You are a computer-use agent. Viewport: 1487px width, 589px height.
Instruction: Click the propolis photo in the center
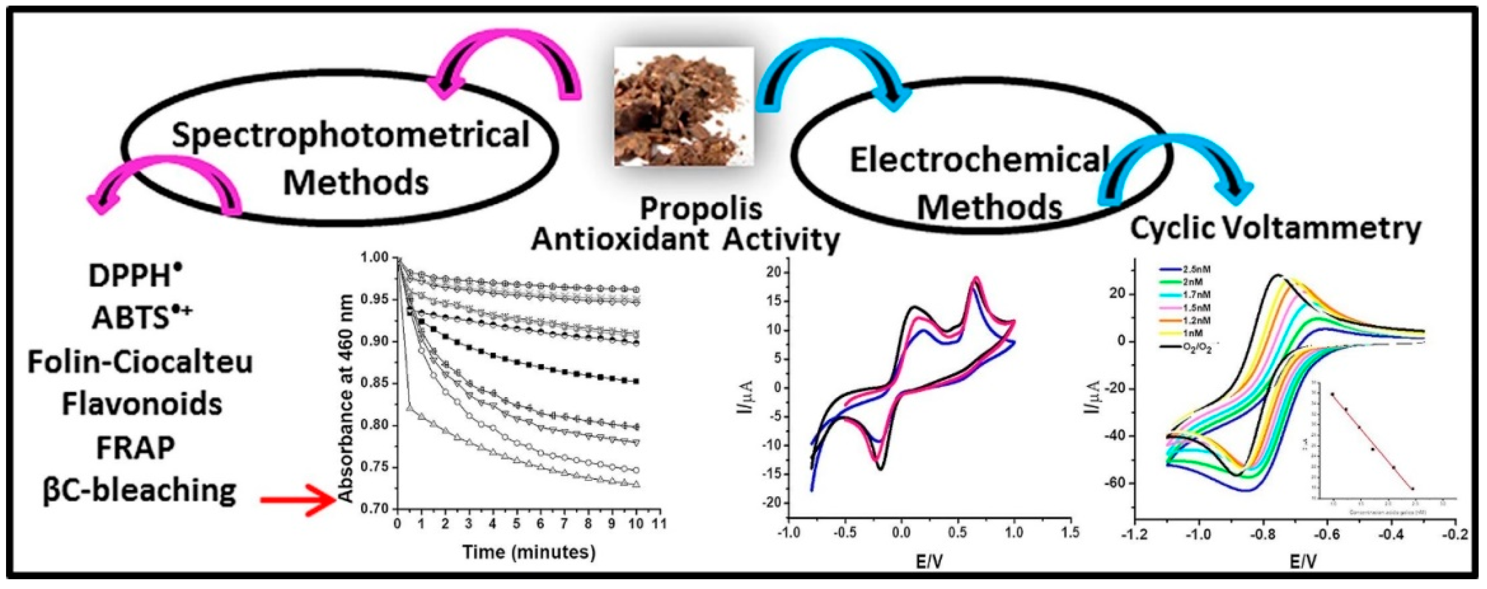tap(684, 107)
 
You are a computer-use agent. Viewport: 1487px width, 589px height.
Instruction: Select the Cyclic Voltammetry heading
tap(1275, 230)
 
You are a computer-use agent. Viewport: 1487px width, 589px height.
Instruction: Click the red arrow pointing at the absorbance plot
tap(297, 499)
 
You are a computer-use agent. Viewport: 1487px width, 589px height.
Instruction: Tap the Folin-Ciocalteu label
tap(140, 363)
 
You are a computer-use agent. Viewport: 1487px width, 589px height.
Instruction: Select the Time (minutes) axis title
tap(528, 552)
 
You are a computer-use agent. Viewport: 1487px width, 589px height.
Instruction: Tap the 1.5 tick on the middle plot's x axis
tap(1070, 533)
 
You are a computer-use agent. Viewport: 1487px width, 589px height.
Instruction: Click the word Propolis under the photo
tap(701, 209)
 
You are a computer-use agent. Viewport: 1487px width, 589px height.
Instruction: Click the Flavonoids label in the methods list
tap(141, 404)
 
